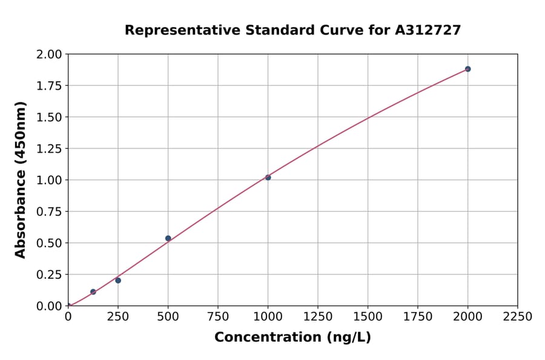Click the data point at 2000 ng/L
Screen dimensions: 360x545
click(x=467, y=69)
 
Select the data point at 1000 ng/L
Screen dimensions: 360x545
click(x=268, y=178)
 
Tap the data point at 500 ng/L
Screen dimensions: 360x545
click(x=168, y=238)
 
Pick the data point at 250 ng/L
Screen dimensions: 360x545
click(x=118, y=281)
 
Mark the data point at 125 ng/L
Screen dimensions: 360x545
click(x=93, y=292)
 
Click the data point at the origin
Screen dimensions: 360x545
click(x=68, y=305)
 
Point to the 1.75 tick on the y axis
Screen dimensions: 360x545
click(x=48, y=85)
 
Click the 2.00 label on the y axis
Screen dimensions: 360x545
click(x=48, y=55)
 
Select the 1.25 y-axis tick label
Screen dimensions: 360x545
click(x=48, y=148)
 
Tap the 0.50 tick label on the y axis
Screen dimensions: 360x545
click(x=48, y=243)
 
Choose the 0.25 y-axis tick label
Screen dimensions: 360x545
click(x=48, y=275)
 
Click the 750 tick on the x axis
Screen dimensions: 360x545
click(x=218, y=317)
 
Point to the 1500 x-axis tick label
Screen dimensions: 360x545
click(x=368, y=317)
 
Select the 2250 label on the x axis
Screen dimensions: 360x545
click(x=518, y=317)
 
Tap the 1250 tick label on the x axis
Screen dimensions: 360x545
click(x=318, y=317)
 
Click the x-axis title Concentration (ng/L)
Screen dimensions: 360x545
click(x=292, y=338)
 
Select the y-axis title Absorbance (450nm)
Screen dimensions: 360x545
click(x=21, y=180)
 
